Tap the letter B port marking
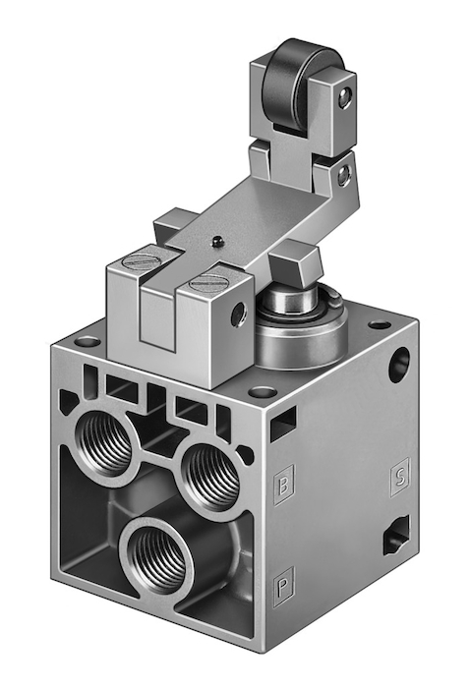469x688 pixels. point(284,486)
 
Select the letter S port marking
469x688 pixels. point(399,478)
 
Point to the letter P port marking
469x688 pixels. point(283,587)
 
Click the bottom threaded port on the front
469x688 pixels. point(158,556)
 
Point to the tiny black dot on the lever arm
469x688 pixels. point(216,240)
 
